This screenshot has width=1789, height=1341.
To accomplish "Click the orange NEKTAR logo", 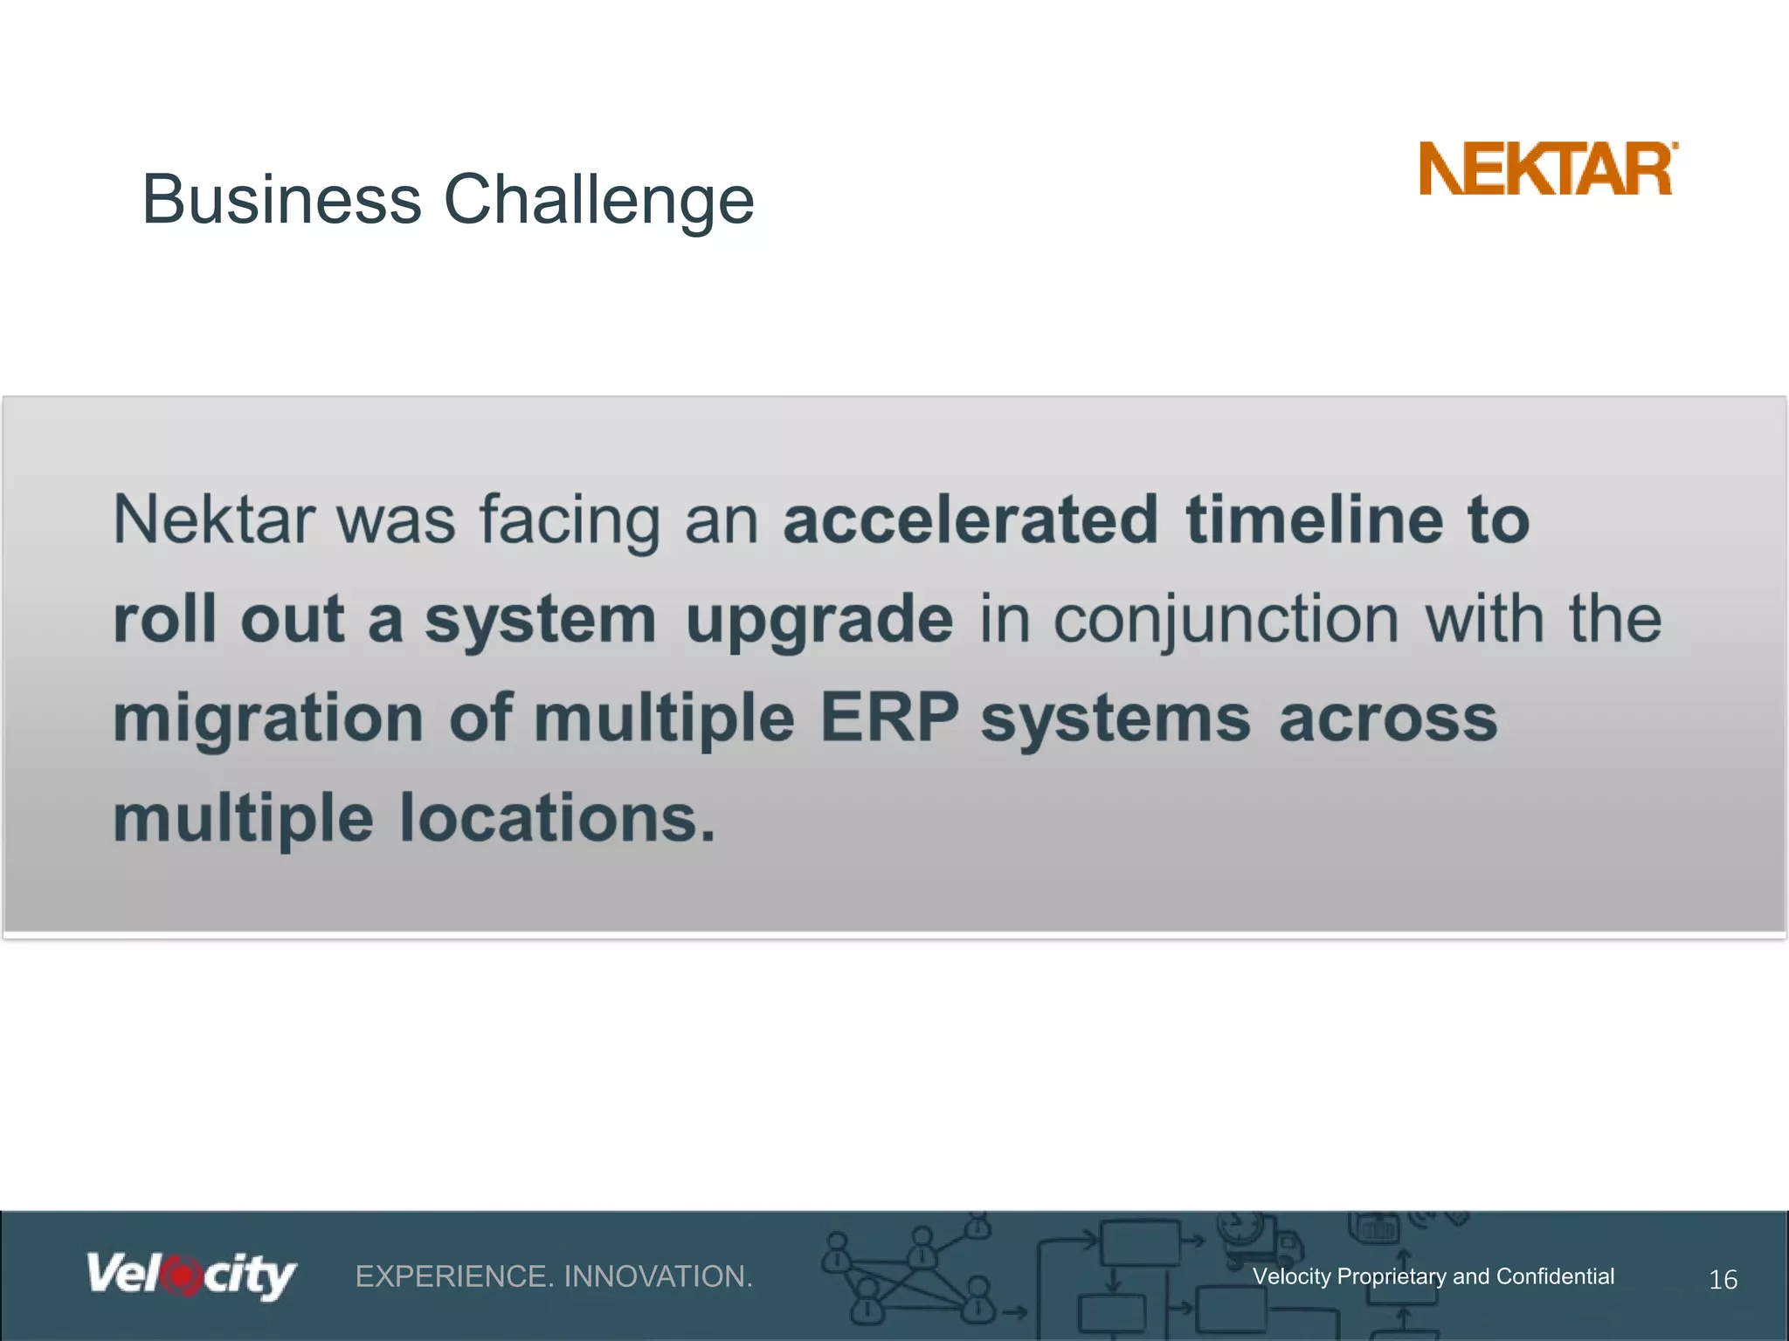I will [1546, 169].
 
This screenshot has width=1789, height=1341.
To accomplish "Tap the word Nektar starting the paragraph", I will [213, 520].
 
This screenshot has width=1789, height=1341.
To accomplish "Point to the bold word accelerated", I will [970, 520].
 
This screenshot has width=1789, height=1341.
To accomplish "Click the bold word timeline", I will [1314, 520].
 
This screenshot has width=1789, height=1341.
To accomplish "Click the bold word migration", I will [268, 720].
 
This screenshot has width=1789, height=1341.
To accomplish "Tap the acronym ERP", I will [888, 719].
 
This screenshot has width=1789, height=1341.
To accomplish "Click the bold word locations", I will [557, 819].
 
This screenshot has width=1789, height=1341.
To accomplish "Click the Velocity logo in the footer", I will [190, 1276].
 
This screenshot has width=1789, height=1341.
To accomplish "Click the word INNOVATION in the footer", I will [658, 1277].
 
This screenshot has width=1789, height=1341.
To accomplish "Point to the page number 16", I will [1723, 1280].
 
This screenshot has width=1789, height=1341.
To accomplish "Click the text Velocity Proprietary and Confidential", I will [1433, 1276].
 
